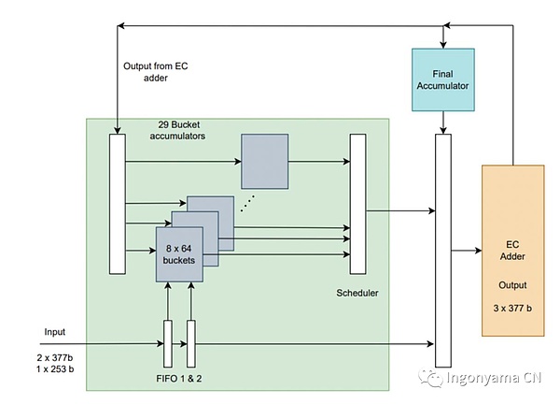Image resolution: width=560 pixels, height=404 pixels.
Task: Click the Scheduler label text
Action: (x=358, y=294)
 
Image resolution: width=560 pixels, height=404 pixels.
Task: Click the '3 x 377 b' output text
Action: (x=511, y=308)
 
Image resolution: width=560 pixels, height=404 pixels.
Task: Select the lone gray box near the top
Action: (x=266, y=160)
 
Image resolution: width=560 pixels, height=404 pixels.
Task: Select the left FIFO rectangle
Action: (x=168, y=343)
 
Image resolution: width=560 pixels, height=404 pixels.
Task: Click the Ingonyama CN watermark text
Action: (x=494, y=378)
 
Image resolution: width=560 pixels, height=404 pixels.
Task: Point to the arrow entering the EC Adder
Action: (x=466, y=251)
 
